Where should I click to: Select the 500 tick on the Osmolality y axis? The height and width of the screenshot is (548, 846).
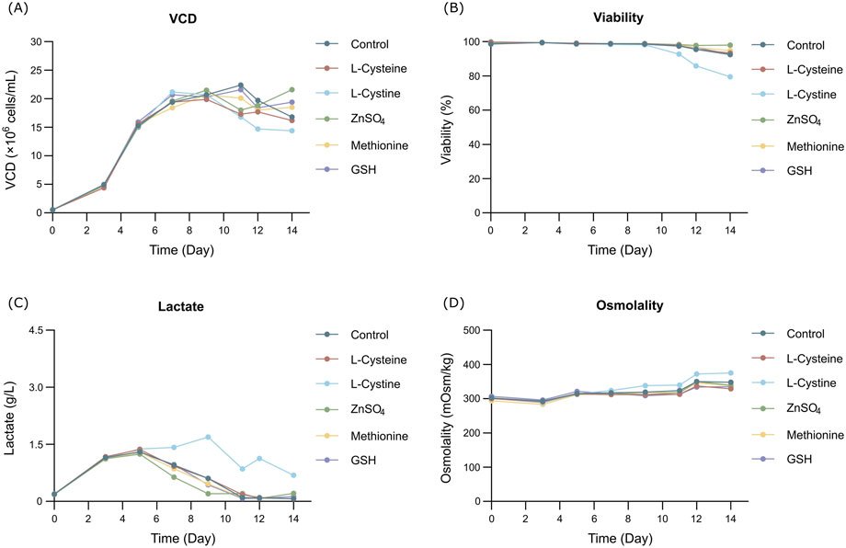point(471,330)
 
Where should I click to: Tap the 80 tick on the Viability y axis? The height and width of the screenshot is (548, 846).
point(474,76)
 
